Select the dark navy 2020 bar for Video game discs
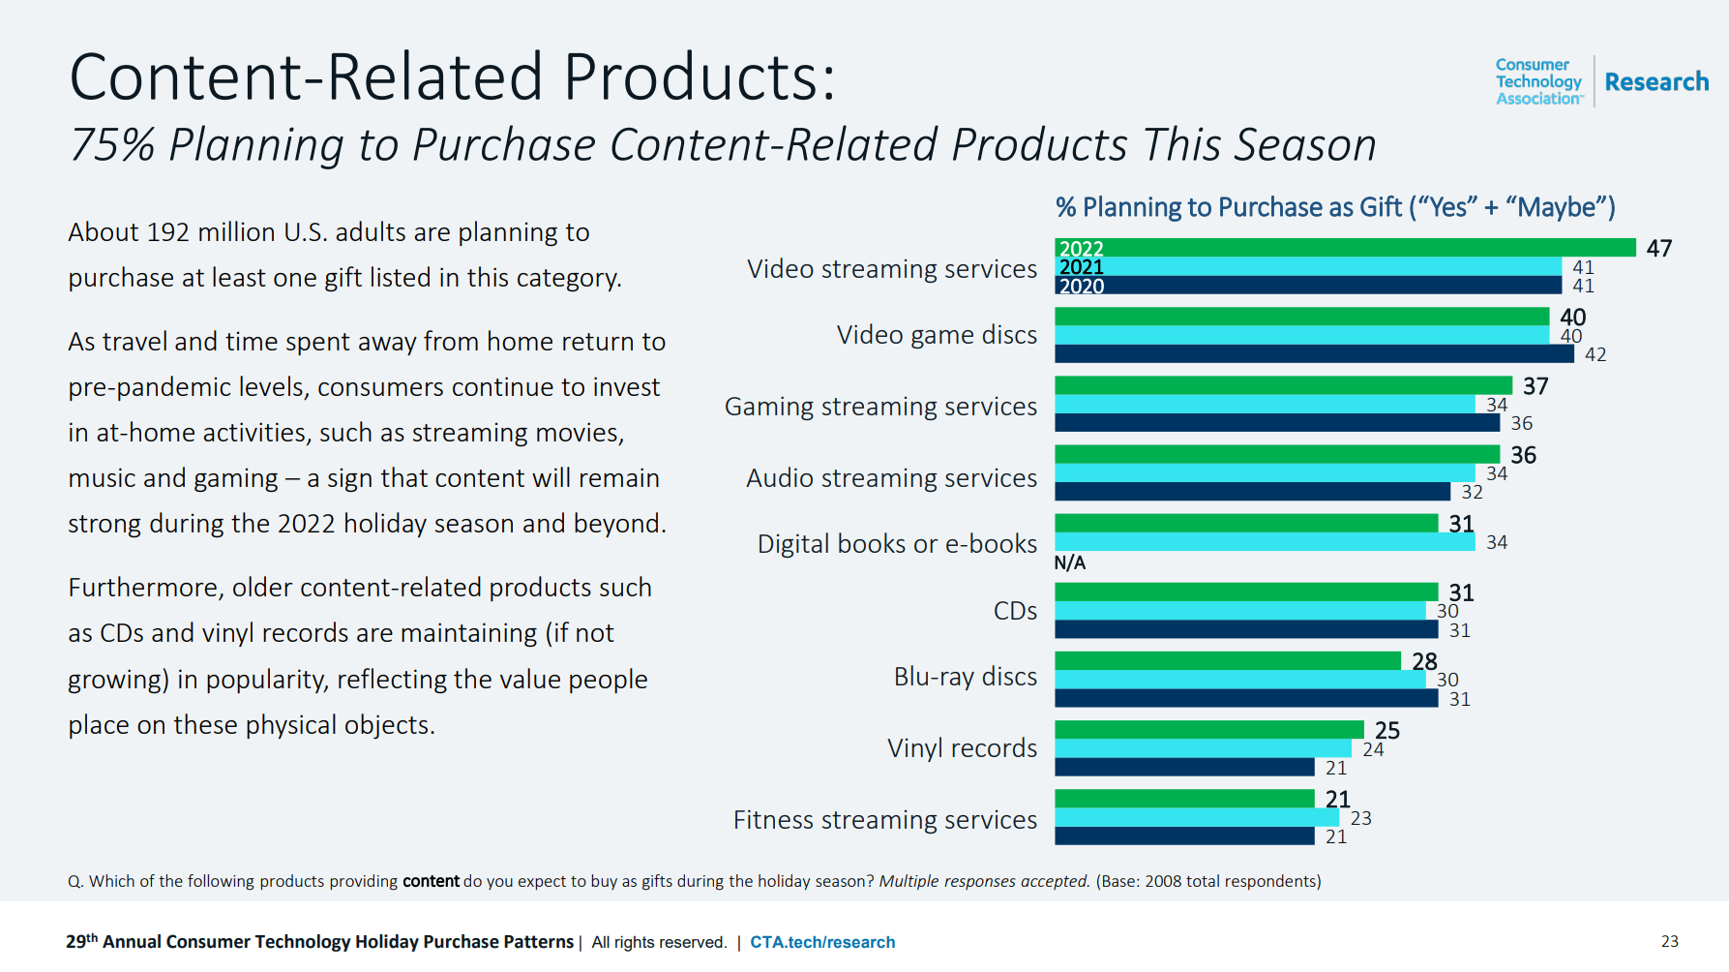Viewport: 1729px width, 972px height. click(x=1314, y=354)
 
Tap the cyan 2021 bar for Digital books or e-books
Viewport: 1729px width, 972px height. click(x=1265, y=542)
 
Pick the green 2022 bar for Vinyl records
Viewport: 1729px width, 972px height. click(x=1209, y=730)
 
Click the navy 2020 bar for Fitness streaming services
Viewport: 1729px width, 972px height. click(x=1184, y=836)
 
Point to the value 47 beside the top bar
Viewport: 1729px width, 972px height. click(x=1659, y=249)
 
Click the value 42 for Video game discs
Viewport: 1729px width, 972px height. click(x=1595, y=355)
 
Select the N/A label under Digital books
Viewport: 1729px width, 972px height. click(x=1070, y=563)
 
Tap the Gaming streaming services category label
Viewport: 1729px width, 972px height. click(x=880, y=407)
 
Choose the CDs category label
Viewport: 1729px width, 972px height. click(x=1015, y=611)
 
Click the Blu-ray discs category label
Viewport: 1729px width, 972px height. click(x=965, y=677)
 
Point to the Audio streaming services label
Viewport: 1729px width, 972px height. click(x=891, y=478)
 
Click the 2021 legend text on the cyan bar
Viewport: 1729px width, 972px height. click(x=1082, y=267)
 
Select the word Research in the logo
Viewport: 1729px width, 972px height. click(x=1656, y=82)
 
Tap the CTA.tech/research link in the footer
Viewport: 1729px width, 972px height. click(x=822, y=942)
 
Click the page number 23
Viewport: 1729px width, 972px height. click(x=1670, y=941)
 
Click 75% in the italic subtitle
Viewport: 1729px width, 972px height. click(x=113, y=145)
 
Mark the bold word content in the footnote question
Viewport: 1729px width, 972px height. click(x=431, y=881)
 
